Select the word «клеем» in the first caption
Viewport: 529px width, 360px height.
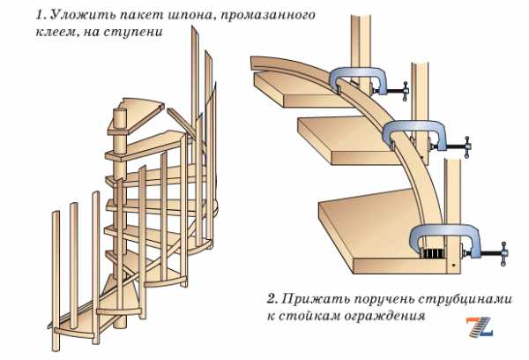pyautogui.click(x=56, y=32)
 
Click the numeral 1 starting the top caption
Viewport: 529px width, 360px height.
pyautogui.click(x=41, y=16)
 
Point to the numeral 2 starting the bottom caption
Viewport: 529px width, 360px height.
pyautogui.click(x=272, y=299)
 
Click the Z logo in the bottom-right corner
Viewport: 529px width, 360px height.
pyautogui.click(x=480, y=326)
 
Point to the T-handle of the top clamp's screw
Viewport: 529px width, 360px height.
pyautogui.click(x=406, y=91)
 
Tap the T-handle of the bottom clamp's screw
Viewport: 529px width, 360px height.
pyautogui.click(x=504, y=254)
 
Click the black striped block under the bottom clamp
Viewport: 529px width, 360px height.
pyautogui.click(x=433, y=253)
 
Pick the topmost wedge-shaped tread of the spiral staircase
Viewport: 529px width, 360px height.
pyautogui.click(x=138, y=113)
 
